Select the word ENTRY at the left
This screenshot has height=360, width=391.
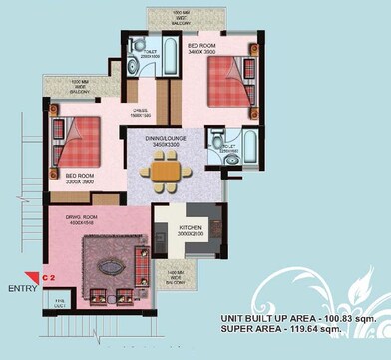[x=22, y=289]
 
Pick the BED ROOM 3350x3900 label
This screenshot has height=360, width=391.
[x=73, y=180]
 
